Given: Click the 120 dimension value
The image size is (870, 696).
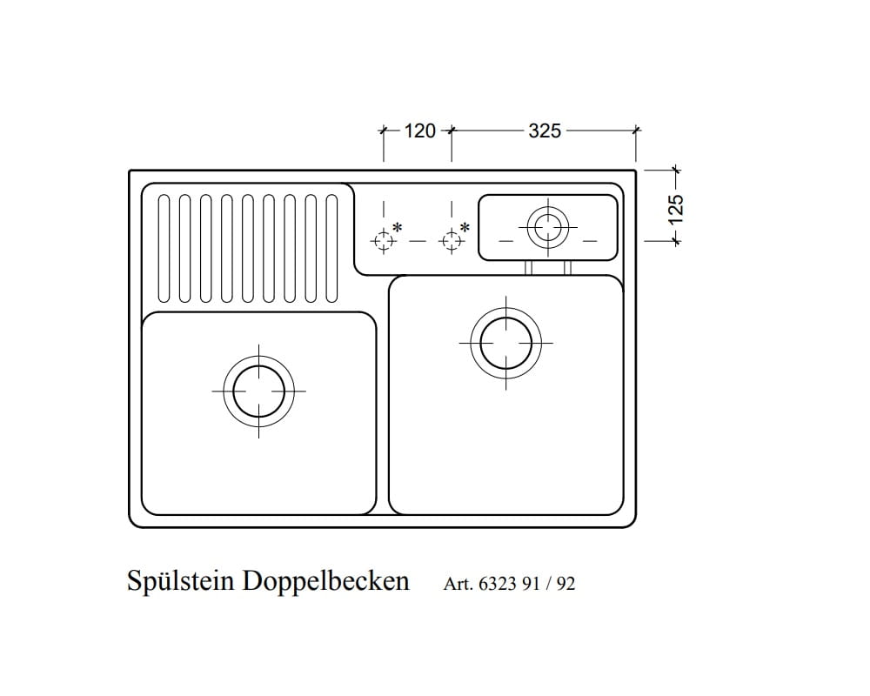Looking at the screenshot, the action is [419, 131].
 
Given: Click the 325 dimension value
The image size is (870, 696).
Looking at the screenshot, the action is [545, 131].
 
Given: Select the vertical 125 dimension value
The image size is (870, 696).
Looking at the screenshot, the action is [676, 210].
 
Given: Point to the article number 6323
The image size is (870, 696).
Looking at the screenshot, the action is [498, 584].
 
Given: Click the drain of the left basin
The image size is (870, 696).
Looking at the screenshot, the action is [258, 391].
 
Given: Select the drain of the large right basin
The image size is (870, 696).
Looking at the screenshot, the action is [505, 343].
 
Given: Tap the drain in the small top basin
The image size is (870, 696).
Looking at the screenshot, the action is [548, 227].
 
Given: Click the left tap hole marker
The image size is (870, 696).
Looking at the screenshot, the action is [383, 241].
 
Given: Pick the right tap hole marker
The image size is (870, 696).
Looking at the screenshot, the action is [451, 241].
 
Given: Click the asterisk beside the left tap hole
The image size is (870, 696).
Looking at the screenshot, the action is [398, 227].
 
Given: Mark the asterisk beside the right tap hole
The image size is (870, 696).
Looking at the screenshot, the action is [465, 227].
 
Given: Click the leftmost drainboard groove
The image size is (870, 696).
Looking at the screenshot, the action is [164, 249].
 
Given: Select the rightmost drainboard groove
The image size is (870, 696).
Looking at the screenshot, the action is [331, 249].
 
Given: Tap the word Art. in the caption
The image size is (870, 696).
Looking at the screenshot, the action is [458, 584].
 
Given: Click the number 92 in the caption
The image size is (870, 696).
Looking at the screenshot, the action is [565, 584].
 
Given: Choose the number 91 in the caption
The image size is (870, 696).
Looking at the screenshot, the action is [531, 584].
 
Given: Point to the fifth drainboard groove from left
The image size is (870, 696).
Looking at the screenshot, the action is [247, 249].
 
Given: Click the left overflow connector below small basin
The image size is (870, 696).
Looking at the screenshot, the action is [528, 267].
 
